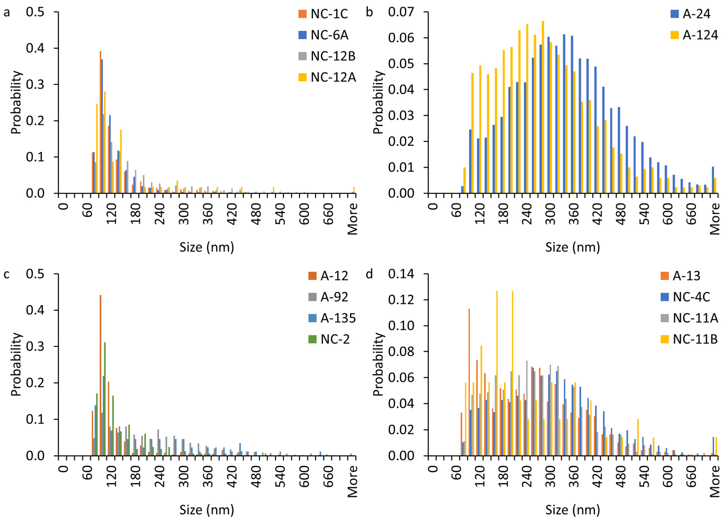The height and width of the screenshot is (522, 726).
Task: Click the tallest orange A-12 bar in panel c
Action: tap(100, 374)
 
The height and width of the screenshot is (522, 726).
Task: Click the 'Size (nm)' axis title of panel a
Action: tap(207, 247)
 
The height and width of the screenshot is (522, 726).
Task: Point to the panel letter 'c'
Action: tap(6, 274)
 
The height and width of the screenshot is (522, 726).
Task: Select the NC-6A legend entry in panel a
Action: tap(329, 35)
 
